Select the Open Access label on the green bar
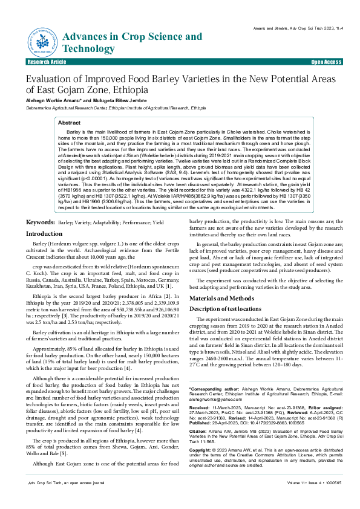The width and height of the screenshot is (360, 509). [326, 62]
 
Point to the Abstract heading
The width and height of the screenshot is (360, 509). [69, 123]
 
